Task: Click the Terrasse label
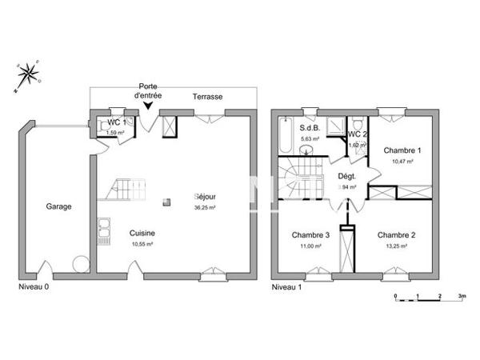(207, 97)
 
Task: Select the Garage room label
(58, 206)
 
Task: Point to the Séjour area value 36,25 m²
(206, 207)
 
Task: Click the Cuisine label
(142, 233)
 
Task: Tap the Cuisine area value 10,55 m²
(142, 245)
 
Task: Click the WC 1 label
(117, 122)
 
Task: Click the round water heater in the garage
(80, 262)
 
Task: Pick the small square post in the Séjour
(166, 202)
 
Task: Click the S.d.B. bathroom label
(310, 128)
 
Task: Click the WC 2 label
(358, 134)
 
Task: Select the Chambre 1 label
(402, 150)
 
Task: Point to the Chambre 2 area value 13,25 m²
(398, 246)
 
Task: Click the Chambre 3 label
(310, 234)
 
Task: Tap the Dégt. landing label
(346, 177)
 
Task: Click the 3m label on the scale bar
(462, 296)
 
